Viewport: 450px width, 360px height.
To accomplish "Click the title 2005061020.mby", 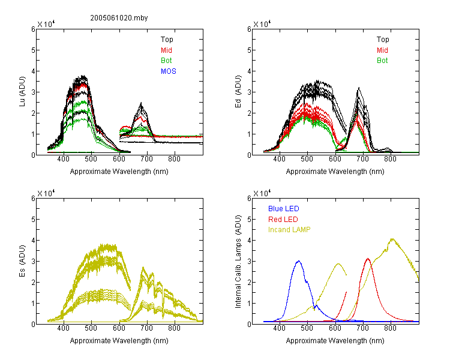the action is (x=119, y=18).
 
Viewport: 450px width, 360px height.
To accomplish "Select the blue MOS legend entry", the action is (x=169, y=71).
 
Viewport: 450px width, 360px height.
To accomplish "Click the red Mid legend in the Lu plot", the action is (x=166, y=50).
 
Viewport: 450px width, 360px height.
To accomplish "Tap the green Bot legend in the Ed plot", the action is (x=382, y=61).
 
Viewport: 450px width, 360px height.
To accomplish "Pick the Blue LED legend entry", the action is (x=284, y=209).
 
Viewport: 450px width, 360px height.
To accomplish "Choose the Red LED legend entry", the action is (x=283, y=220).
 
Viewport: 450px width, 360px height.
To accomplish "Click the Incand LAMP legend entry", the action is (x=289, y=230).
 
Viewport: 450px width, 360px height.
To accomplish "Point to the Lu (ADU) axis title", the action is (x=22, y=92).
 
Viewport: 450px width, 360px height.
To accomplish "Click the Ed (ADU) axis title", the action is (x=238, y=92).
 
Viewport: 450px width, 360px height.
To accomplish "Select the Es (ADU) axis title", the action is (x=22, y=261).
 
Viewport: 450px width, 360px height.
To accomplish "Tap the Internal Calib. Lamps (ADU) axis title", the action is (x=238, y=262).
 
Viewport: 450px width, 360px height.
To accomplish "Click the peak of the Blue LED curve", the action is (x=299, y=261).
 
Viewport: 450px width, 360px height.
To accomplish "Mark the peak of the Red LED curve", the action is (x=368, y=259).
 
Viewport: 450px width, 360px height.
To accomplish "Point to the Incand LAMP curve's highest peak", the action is (x=392, y=239).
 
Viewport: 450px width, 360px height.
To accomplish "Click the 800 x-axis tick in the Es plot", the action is (x=174, y=328).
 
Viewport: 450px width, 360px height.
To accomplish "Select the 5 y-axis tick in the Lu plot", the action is (x=33, y=50).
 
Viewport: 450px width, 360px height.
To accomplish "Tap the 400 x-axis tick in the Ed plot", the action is (x=279, y=159).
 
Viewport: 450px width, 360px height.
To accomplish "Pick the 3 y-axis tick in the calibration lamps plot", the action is (x=249, y=262).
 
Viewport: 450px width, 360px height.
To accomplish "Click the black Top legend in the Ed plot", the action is (x=383, y=40).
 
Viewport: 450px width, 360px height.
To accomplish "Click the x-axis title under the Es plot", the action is (x=119, y=341).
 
